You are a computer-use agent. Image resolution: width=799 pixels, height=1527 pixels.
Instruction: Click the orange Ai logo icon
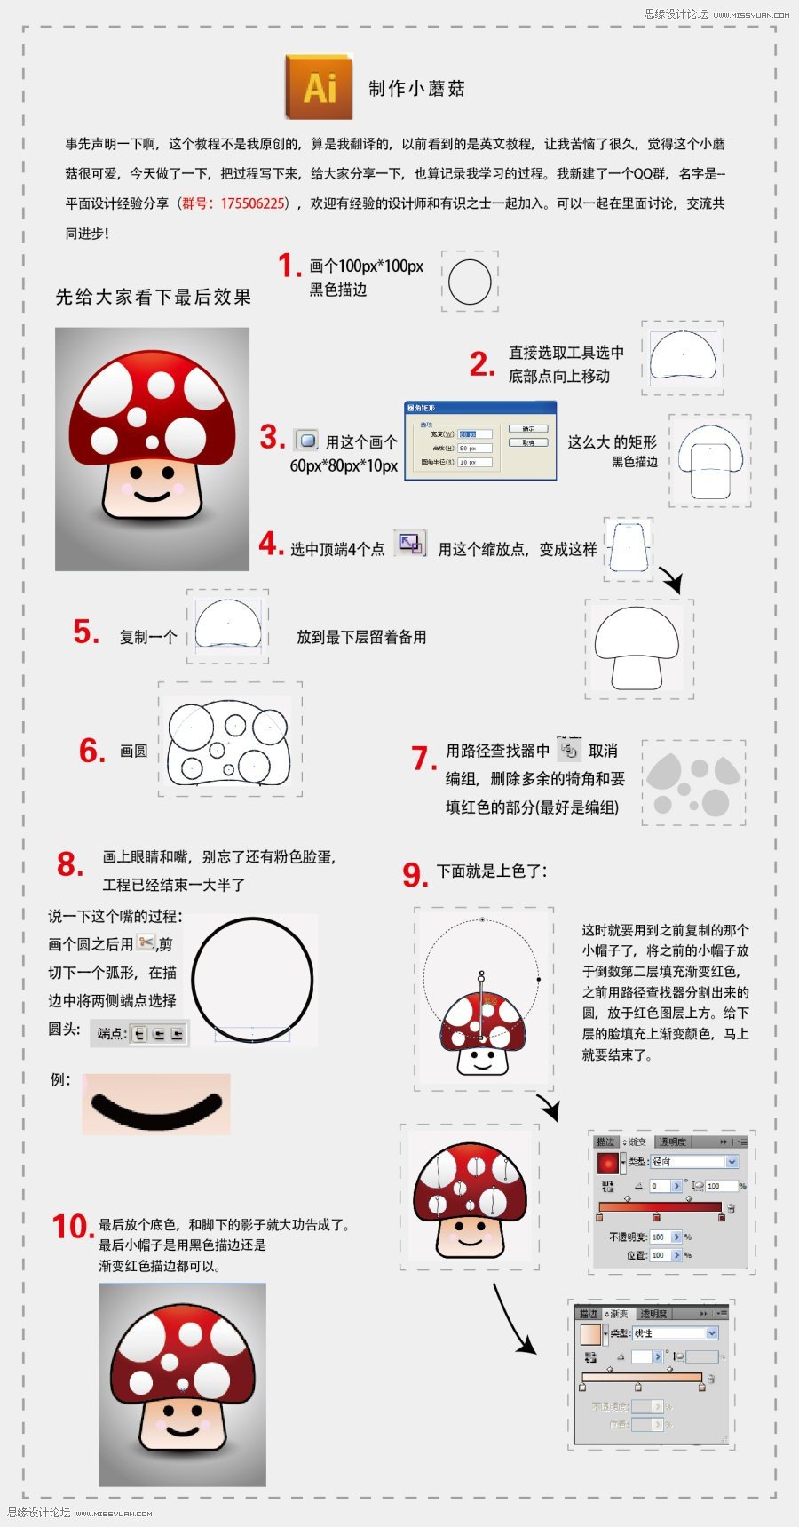click(x=319, y=87)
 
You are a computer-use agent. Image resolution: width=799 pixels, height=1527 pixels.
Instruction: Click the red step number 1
click(x=289, y=265)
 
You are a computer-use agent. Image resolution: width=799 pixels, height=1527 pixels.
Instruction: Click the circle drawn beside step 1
click(x=470, y=282)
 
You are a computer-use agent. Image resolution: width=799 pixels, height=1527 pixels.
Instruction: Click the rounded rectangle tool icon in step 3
click(x=306, y=439)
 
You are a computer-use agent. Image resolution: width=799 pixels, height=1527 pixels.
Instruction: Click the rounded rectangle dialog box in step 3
click(x=480, y=441)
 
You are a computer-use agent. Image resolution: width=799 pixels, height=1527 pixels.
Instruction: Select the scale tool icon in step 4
click(x=410, y=543)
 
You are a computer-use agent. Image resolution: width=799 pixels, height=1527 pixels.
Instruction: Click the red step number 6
click(x=92, y=751)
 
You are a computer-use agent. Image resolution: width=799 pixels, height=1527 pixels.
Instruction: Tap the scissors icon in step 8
click(x=146, y=942)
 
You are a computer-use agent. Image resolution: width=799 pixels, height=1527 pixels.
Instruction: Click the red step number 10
click(x=72, y=1227)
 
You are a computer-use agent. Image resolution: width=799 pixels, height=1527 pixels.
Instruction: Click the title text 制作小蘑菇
click(x=416, y=89)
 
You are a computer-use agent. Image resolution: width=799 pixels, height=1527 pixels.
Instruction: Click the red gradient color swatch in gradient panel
click(x=607, y=1162)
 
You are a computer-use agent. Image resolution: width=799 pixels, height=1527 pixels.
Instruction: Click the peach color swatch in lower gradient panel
click(x=589, y=1334)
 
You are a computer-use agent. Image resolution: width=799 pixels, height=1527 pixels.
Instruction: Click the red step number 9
click(x=415, y=874)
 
